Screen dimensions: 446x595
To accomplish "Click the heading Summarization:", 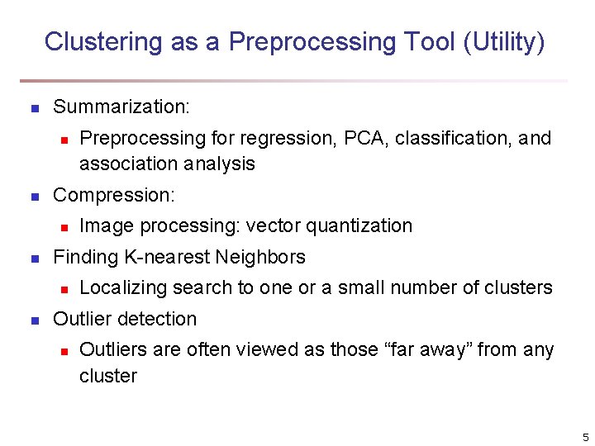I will click(121, 107).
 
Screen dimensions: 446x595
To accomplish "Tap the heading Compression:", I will click(114, 195).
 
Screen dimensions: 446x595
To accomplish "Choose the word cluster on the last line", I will click(107, 376).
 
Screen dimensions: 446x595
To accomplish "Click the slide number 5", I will click(584, 437).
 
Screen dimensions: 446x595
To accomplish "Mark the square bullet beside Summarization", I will click(34, 108).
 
